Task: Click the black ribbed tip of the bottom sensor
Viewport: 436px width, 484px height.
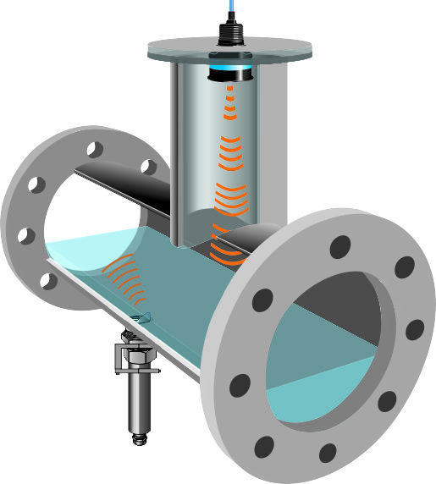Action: pos(138,437)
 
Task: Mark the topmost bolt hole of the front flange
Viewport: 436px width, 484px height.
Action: pos(339,247)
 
